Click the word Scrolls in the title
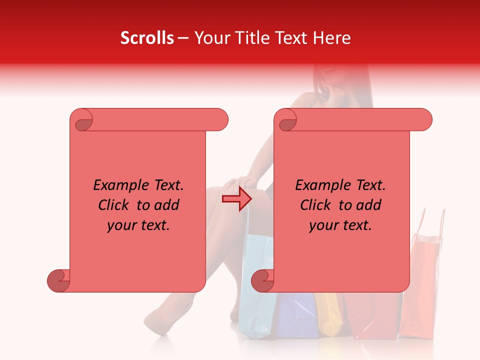tap(147, 38)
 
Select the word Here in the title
tap(331, 38)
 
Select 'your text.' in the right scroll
tap(340, 225)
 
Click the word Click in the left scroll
tap(115, 205)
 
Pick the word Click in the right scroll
tap(317, 205)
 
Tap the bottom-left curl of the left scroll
tap(58, 280)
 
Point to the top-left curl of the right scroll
tap(286, 120)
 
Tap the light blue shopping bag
tap(255, 295)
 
